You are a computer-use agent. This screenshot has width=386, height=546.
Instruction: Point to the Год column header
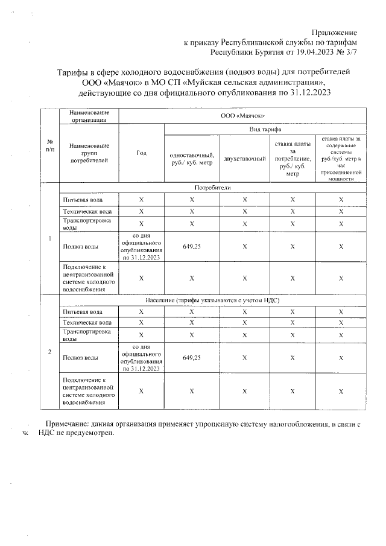pyautogui.click(x=142, y=154)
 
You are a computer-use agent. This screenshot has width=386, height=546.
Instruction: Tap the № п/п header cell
pyautogui.click(x=49, y=145)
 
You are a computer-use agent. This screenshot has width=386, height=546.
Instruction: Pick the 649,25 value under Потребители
pyautogui.click(x=191, y=246)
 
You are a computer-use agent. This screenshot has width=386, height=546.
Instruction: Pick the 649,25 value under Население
pyautogui.click(x=191, y=358)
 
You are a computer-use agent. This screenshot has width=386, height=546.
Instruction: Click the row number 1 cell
pyautogui.click(x=49, y=238)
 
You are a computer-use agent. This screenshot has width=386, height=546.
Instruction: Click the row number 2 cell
pyautogui.click(x=49, y=352)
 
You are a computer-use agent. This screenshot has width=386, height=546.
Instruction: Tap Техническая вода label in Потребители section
pyautogui.click(x=87, y=211)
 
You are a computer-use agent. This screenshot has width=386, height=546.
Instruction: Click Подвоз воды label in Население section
pyautogui.click(x=80, y=358)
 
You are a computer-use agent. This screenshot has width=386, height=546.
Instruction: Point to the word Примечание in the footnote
pyautogui.click(x=67, y=425)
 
